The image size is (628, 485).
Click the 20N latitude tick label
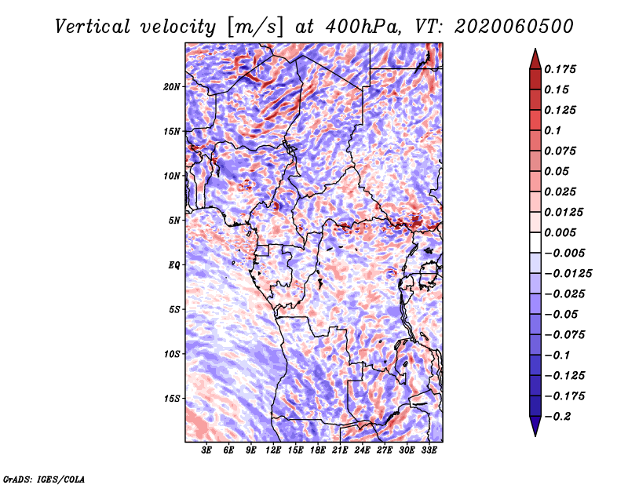172,87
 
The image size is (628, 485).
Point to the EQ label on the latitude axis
173,265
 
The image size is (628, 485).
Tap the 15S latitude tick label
172,399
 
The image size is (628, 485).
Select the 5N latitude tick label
174,221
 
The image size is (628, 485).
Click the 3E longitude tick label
206,450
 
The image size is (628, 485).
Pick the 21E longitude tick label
340,450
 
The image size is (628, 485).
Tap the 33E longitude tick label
429,450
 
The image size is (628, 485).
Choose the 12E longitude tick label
273,450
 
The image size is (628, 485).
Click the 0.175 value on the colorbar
560,69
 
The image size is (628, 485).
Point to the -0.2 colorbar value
557,417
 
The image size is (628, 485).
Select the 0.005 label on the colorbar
560,232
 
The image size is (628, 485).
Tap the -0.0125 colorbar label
568,274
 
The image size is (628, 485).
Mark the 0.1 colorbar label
553,130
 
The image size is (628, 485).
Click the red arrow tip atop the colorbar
535,49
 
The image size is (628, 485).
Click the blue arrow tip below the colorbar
535,436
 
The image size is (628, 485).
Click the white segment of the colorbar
535,242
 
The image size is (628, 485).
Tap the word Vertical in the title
93,27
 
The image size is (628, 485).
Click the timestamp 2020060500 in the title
514,27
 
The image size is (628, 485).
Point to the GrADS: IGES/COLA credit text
44,479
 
